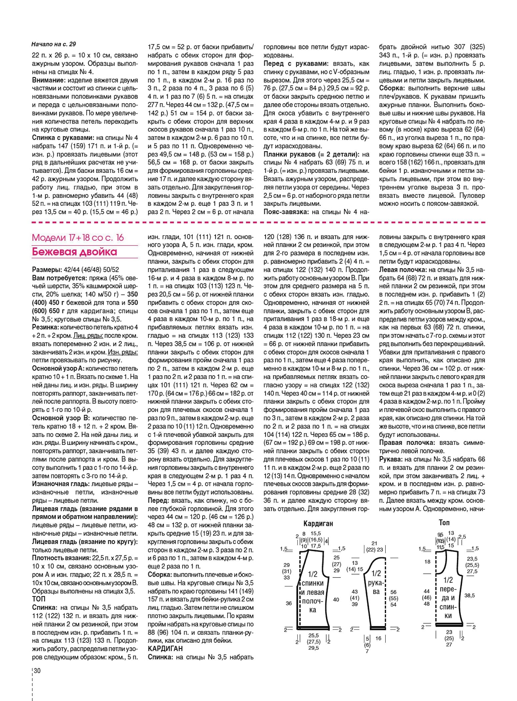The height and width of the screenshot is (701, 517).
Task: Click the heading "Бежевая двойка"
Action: click(74, 252)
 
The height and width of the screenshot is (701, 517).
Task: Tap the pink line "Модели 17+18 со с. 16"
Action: click(78, 238)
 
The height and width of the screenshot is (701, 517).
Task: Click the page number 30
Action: click(37, 670)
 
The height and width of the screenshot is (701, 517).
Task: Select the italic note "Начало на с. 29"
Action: click(54, 44)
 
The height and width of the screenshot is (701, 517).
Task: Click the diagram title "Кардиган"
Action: click(318, 524)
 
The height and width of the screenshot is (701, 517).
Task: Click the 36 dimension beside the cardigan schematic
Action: click(289, 603)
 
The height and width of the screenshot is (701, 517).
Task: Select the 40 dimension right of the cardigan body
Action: click(336, 599)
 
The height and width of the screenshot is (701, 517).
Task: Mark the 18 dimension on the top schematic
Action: click(427, 561)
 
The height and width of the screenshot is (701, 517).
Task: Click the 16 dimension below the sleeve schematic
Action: click(378, 638)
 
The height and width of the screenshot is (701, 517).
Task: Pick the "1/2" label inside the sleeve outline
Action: click(376, 573)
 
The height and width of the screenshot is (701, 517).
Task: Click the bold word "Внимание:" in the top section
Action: click(48, 80)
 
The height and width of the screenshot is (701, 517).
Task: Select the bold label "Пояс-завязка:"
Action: click(286, 212)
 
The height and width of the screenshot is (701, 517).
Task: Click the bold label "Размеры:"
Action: click(47, 270)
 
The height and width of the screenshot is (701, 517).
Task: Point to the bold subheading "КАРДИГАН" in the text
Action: click(165, 648)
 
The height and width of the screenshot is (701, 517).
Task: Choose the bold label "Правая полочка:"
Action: click(407, 443)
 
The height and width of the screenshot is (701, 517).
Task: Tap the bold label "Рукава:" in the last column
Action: click(390, 459)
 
